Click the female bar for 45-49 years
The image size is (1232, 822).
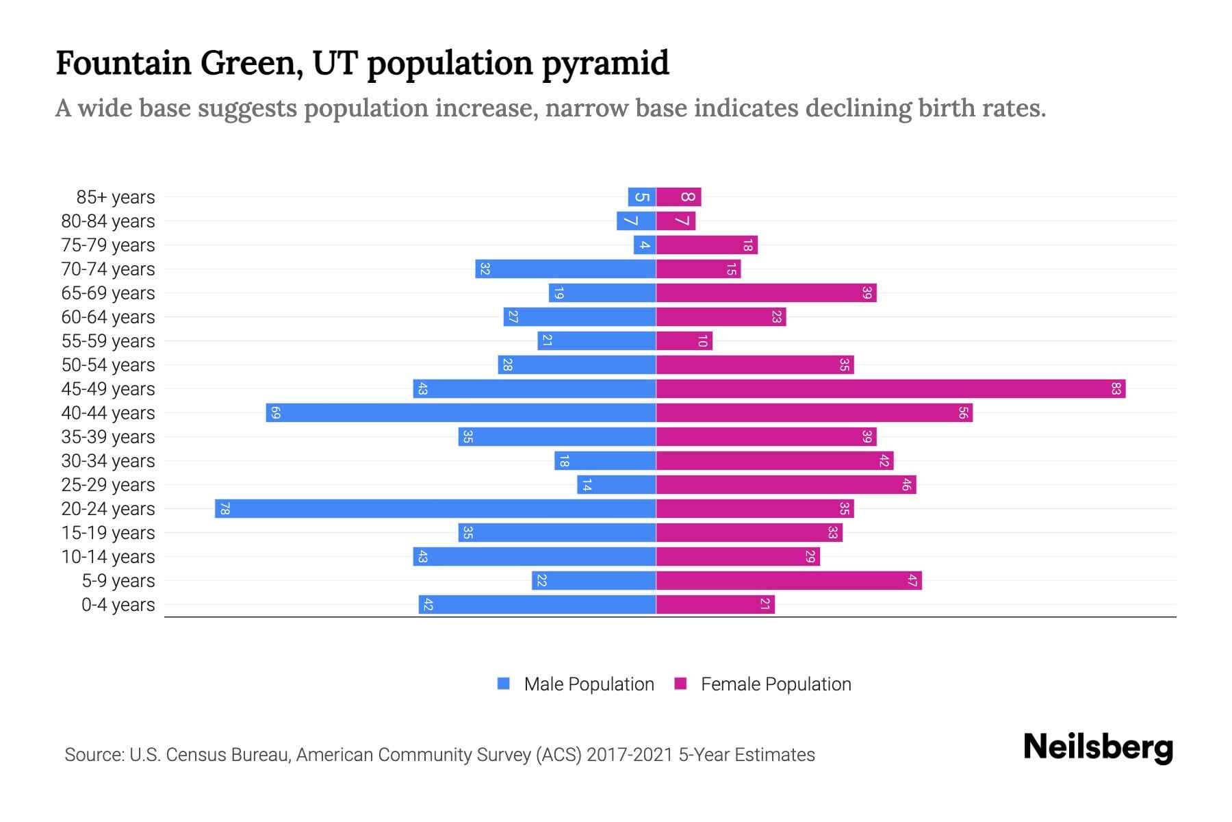click(890, 389)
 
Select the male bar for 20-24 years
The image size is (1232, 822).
click(435, 509)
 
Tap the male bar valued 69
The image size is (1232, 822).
click(461, 413)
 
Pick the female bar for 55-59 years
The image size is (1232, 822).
click(684, 341)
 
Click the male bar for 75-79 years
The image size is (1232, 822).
click(645, 245)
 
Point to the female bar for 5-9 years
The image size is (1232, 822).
click(788, 581)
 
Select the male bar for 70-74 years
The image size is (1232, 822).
click(565, 269)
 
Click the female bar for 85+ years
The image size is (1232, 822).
click(679, 197)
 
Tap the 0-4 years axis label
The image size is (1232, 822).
click(118, 605)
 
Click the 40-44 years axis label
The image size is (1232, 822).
click(108, 413)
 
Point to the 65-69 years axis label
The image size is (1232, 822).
click(108, 293)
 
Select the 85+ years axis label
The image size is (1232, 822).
click(116, 197)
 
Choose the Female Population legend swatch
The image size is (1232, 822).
click(680, 684)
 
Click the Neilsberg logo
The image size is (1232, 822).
click(1098, 747)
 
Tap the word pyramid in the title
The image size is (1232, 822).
click(605, 64)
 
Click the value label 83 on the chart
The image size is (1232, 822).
click(1116, 389)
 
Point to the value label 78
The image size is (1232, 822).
click(224, 509)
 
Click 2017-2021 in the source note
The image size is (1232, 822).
click(630, 755)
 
